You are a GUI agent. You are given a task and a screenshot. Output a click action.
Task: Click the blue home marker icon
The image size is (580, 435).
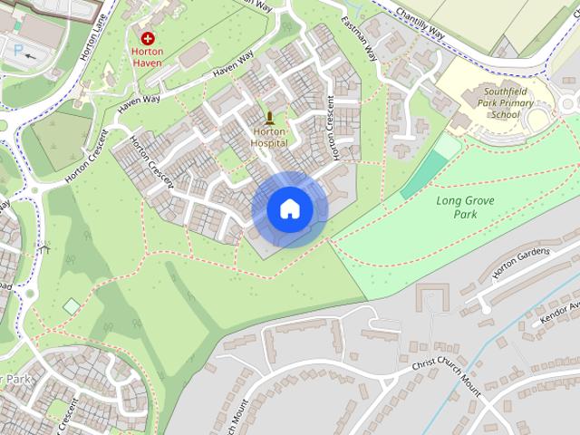pos(290,208)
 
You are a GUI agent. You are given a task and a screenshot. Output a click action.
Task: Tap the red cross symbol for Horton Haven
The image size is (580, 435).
pos(148,39)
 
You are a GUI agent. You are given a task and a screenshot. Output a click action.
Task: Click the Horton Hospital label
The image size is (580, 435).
pos(269,138)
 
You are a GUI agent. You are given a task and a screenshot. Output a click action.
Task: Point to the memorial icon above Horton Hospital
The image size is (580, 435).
pos(269,117)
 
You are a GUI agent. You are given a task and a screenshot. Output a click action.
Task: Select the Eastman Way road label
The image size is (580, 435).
pos(360,36)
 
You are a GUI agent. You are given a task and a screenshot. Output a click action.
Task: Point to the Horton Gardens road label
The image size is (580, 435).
pos(520,262)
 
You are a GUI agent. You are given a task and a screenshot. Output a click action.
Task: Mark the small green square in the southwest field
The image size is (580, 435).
pos(72,307)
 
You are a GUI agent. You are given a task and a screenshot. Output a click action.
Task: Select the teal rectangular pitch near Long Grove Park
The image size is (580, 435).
pos(424,174)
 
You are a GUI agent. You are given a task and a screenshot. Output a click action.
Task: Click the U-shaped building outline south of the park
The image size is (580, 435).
pos(433,298)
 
